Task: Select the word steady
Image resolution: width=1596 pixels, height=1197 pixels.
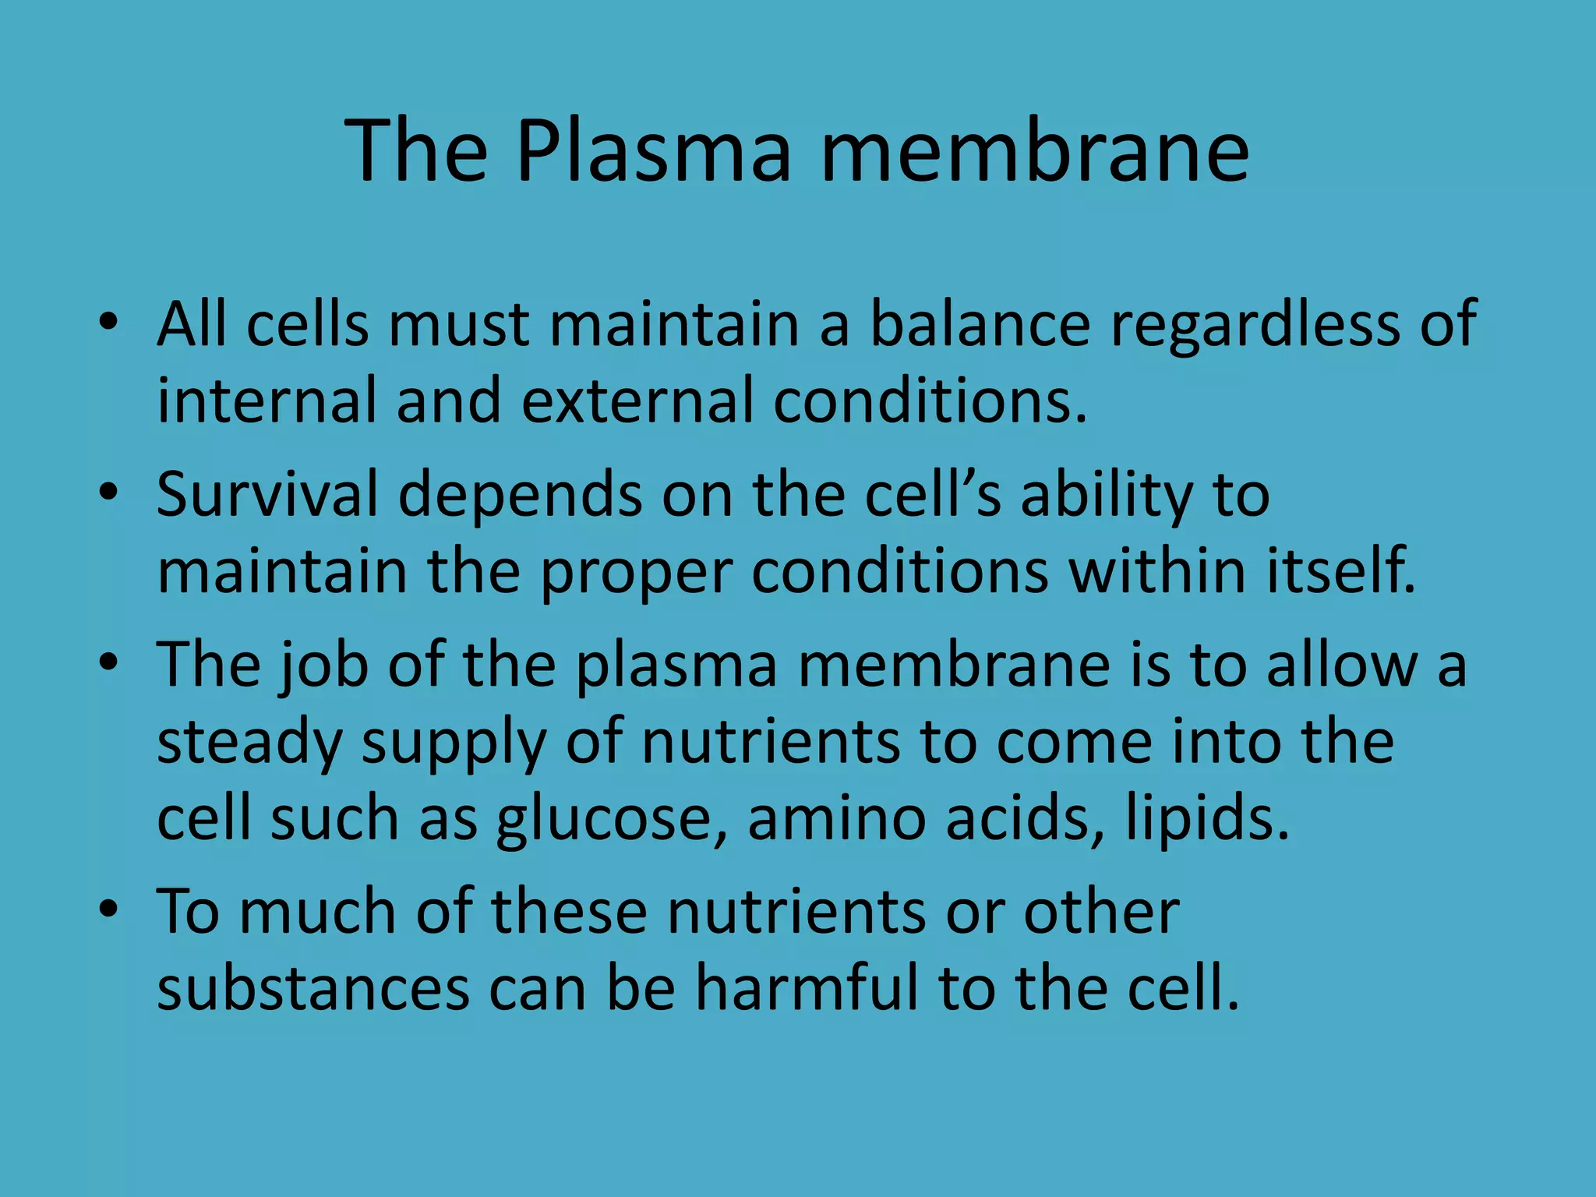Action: [x=249, y=742]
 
